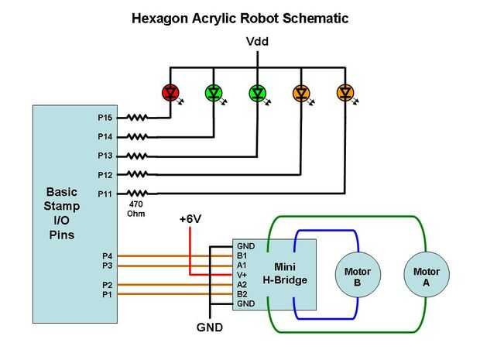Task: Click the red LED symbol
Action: tap(170, 93)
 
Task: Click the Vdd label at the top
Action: tap(257, 43)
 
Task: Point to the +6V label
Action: tap(190, 219)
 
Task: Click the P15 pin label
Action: tap(105, 118)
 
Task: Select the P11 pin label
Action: tap(105, 193)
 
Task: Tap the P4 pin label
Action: tap(107, 255)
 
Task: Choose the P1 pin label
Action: tap(107, 294)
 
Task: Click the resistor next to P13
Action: tap(137, 156)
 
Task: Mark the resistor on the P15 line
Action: tap(137, 118)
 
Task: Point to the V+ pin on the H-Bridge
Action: tap(242, 274)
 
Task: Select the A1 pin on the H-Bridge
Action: tap(242, 264)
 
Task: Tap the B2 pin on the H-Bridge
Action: tap(242, 294)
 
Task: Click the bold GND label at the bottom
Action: tap(210, 327)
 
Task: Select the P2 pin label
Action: tap(107, 285)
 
